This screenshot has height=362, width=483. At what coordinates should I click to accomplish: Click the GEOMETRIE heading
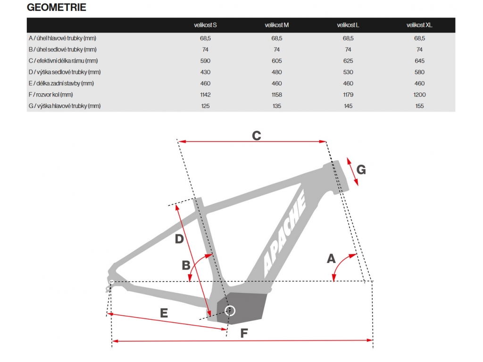pyautogui.click(x=57, y=8)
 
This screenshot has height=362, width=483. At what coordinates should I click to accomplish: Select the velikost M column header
pyautogui.click(x=276, y=25)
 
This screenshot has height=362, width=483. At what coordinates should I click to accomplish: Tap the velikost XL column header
pyautogui.click(x=419, y=25)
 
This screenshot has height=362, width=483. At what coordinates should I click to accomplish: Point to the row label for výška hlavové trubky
pyautogui.click(x=65, y=106)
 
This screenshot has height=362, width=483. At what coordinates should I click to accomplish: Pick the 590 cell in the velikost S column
pyautogui.click(x=205, y=61)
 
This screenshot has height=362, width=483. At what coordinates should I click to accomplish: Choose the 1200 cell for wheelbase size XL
pyautogui.click(x=419, y=95)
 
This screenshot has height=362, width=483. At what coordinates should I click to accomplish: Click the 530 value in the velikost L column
pyautogui.click(x=348, y=72)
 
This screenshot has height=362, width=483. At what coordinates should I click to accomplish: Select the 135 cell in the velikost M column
pyautogui.click(x=276, y=106)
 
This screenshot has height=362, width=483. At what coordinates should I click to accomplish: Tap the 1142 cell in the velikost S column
pyautogui.click(x=205, y=95)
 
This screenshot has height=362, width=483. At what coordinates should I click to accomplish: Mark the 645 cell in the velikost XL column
pyautogui.click(x=419, y=61)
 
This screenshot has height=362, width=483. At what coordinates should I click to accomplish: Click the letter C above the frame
pyautogui.click(x=256, y=136)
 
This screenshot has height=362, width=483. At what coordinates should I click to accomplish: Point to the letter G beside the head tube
pyautogui.click(x=361, y=170)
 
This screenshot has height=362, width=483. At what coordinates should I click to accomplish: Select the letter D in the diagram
pyautogui.click(x=179, y=239)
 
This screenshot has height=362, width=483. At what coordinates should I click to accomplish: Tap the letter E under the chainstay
pyautogui.click(x=164, y=313)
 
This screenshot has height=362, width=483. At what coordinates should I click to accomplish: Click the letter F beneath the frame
pyautogui.click(x=244, y=333)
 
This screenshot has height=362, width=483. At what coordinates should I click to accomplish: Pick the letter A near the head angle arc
pyautogui.click(x=331, y=258)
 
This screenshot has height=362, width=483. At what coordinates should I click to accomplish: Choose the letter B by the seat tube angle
pyautogui.click(x=186, y=265)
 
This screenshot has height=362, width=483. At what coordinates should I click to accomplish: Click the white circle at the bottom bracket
pyautogui.click(x=230, y=310)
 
